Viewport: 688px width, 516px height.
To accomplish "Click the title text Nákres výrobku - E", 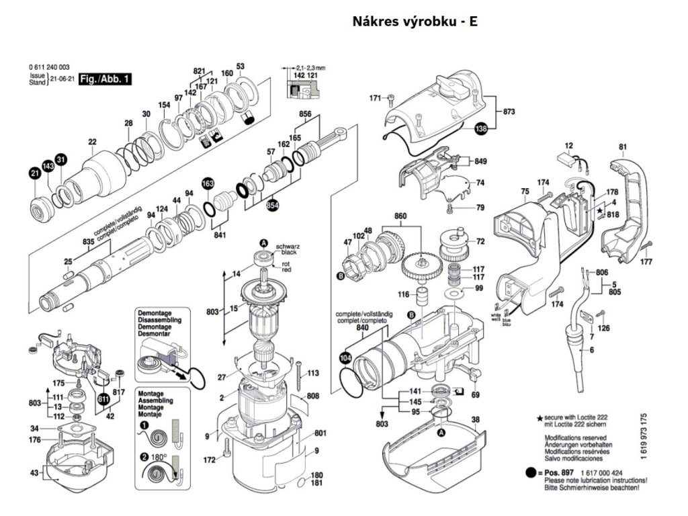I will click(415, 21).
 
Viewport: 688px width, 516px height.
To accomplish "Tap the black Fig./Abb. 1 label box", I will click(105, 79).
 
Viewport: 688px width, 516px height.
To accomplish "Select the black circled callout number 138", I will click(480, 130).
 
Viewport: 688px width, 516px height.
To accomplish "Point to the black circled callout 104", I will click(345, 358).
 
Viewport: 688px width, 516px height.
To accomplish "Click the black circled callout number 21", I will click(34, 174).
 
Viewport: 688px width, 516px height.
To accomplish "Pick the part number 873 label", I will click(508, 112).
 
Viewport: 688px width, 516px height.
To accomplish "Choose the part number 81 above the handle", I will click(622, 147).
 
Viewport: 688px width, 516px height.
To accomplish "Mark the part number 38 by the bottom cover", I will click(476, 421).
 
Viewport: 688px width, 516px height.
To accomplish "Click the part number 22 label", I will click(92, 142).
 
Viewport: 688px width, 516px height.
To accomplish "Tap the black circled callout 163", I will click(208, 183).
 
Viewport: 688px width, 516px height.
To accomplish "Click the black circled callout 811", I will click(103, 400).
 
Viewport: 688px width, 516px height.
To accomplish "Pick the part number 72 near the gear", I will click(480, 241).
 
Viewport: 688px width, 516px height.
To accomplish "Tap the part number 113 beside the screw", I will click(312, 373).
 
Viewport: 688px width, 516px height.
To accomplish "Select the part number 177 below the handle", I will click(646, 261).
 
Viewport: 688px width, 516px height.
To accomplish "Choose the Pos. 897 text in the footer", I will click(560, 474).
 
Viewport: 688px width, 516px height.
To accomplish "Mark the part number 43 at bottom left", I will click(34, 474).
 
